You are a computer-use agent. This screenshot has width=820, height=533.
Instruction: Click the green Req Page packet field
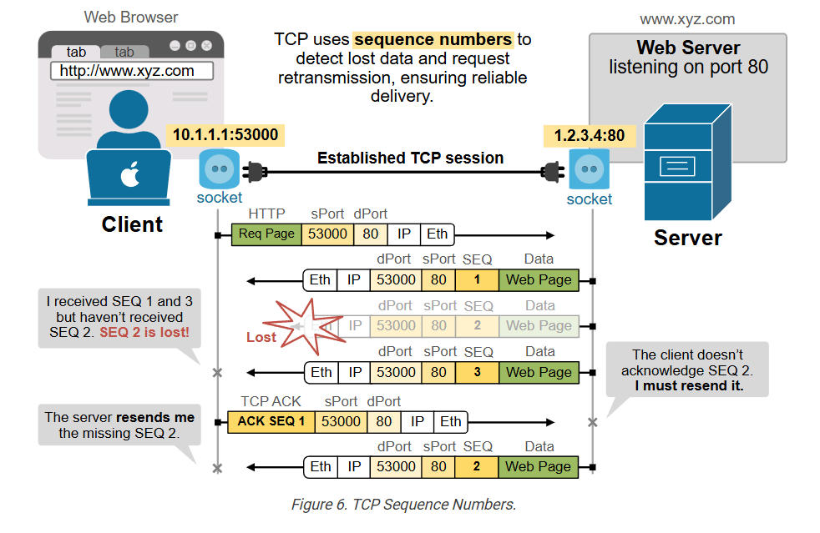(x=266, y=234)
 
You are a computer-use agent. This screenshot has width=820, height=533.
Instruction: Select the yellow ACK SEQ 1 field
(x=271, y=421)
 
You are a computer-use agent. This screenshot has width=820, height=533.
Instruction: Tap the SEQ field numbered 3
(x=477, y=372)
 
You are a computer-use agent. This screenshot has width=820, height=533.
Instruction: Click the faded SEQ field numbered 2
(x=477, y=326)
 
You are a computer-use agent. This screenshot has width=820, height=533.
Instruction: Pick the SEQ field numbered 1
(x=477, y=280)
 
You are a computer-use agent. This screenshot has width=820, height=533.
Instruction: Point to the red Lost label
(x=261, y=337)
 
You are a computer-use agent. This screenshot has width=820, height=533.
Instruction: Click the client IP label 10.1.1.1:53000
(x=225, y=134)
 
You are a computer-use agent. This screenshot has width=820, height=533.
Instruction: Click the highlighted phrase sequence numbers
(x=433, y=39)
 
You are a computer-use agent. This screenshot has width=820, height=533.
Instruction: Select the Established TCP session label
(x=410, y=158)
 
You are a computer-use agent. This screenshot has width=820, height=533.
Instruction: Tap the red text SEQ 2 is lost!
(x=144, y=333)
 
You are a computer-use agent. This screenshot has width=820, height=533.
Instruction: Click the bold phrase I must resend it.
(x=689, y=386)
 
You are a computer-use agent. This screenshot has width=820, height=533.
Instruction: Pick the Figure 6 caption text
(x=403, y=505)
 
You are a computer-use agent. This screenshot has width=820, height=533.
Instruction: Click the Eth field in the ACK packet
(x=450, y=421)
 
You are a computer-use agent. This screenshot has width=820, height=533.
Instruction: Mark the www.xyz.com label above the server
(x=687, y=18)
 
